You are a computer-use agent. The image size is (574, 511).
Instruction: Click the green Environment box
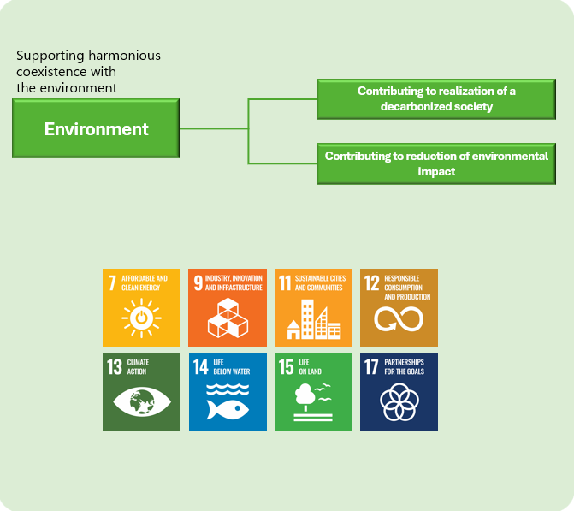point(96,128)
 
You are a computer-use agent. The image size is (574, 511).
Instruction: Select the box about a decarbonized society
point(436,99)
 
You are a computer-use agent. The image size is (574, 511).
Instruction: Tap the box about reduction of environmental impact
point(436,163)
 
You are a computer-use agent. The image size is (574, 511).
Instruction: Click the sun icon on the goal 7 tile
point(142,318)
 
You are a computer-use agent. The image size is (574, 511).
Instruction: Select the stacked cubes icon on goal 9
point(228,318)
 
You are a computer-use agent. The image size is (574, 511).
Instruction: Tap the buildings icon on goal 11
point(314,319)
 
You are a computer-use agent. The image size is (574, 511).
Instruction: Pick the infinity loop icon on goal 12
point(399,318)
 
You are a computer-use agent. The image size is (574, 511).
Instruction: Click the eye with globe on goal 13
point(142,402)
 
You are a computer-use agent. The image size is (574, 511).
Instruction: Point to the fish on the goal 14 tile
point(228,409)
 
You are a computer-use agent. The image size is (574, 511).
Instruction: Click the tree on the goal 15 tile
point(305,397)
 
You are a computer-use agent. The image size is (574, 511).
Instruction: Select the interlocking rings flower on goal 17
point(399,401)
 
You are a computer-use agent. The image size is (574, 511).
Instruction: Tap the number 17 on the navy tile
point(371,367)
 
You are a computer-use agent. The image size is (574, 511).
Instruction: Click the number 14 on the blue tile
point(201,367)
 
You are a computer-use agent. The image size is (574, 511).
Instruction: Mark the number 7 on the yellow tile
point(112,283)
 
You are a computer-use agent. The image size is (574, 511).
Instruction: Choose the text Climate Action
point(138,366)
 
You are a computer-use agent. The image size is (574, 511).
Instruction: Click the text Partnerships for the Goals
point(404,366)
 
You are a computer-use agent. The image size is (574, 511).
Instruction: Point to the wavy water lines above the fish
point(228,389)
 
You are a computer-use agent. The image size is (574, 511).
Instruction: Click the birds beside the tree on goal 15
point(323,392)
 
